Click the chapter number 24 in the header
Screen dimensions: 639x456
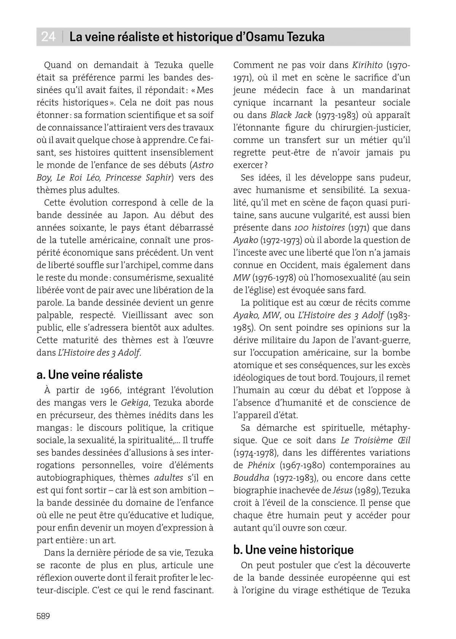pyautogui.click(x=48, y=37)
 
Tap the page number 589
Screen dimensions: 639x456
pyautogui.click(x=43, y=616)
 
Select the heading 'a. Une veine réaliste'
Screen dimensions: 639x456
pyautogui.click(x=90, y=375)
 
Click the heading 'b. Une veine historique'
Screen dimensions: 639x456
pyautogui.click(x=293, y=550)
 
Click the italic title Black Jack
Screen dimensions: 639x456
pyautogui.click(x=291, y=115)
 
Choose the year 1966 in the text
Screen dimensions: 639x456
pyautogui.click(x=100, y=390)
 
